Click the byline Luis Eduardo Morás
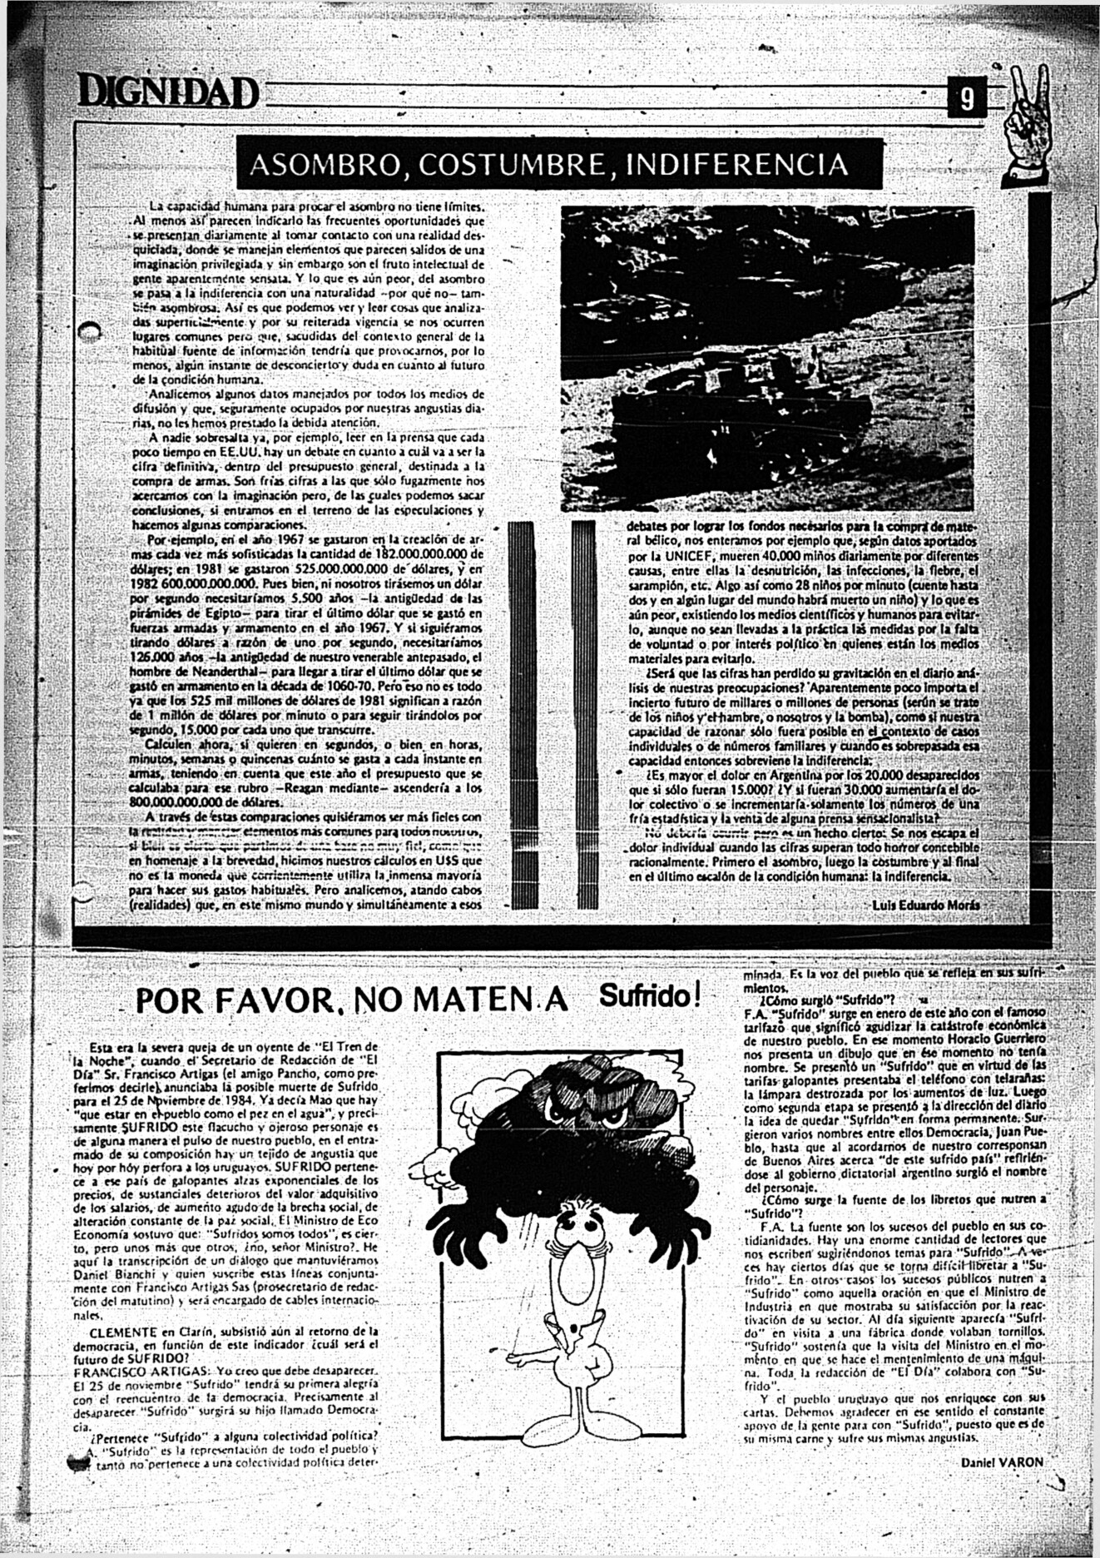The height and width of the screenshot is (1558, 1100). [x=926, y=905]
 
